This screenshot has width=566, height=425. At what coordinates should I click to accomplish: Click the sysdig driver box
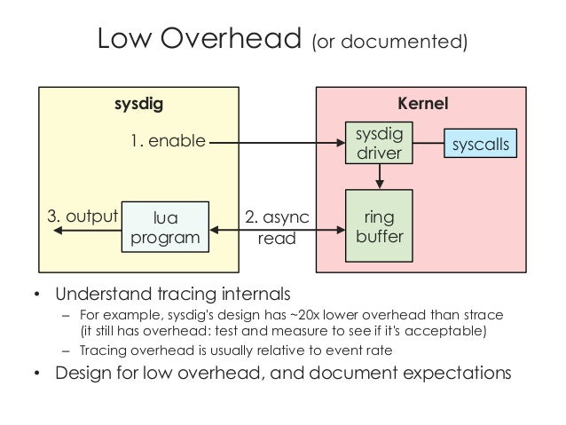pyautogui.click(x=379, y=143)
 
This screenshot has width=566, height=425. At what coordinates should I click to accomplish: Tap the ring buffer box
pyautogui.click(x=379, y=227)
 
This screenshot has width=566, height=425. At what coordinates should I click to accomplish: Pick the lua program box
pyautogui.click(x=167, y=227)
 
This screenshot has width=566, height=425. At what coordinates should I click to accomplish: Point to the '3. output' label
pyautogui.click(x=82, y=216)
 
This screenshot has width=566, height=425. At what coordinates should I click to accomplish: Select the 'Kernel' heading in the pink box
pyautogui.click(x=425, y=104)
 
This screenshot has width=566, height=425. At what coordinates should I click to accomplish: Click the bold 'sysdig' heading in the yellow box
pyautogui.click(x=139, y=104)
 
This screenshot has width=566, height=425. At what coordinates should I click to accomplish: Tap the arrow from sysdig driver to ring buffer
pyautogui.click(x=379, y=177)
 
